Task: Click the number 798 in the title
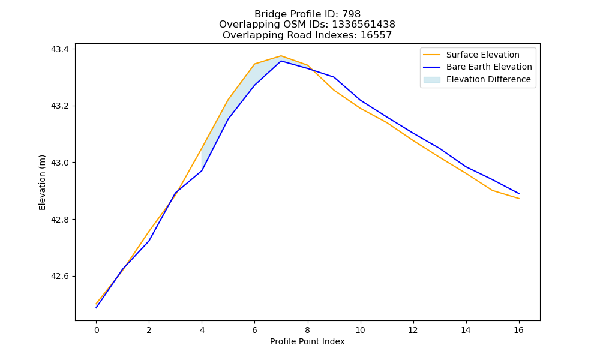pos(351,14)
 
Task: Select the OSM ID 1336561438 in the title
pos(364,25)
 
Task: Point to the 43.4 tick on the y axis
pos(60,49)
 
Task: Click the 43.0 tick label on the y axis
pos(60,163)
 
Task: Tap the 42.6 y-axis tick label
pos(60,276)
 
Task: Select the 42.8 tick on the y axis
pos(60,220)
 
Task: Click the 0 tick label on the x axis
pos(97,330)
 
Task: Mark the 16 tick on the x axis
pos(518,330)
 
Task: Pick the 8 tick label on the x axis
pos(307,330)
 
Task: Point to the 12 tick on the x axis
pos(413,330)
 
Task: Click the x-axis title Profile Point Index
pos(307,341)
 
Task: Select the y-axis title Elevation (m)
pos(42,182)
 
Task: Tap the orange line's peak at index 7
pos(281,56)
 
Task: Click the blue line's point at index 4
pos(202,170)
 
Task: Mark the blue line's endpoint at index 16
pos(519,194)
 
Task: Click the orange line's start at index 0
pos(96,304)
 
